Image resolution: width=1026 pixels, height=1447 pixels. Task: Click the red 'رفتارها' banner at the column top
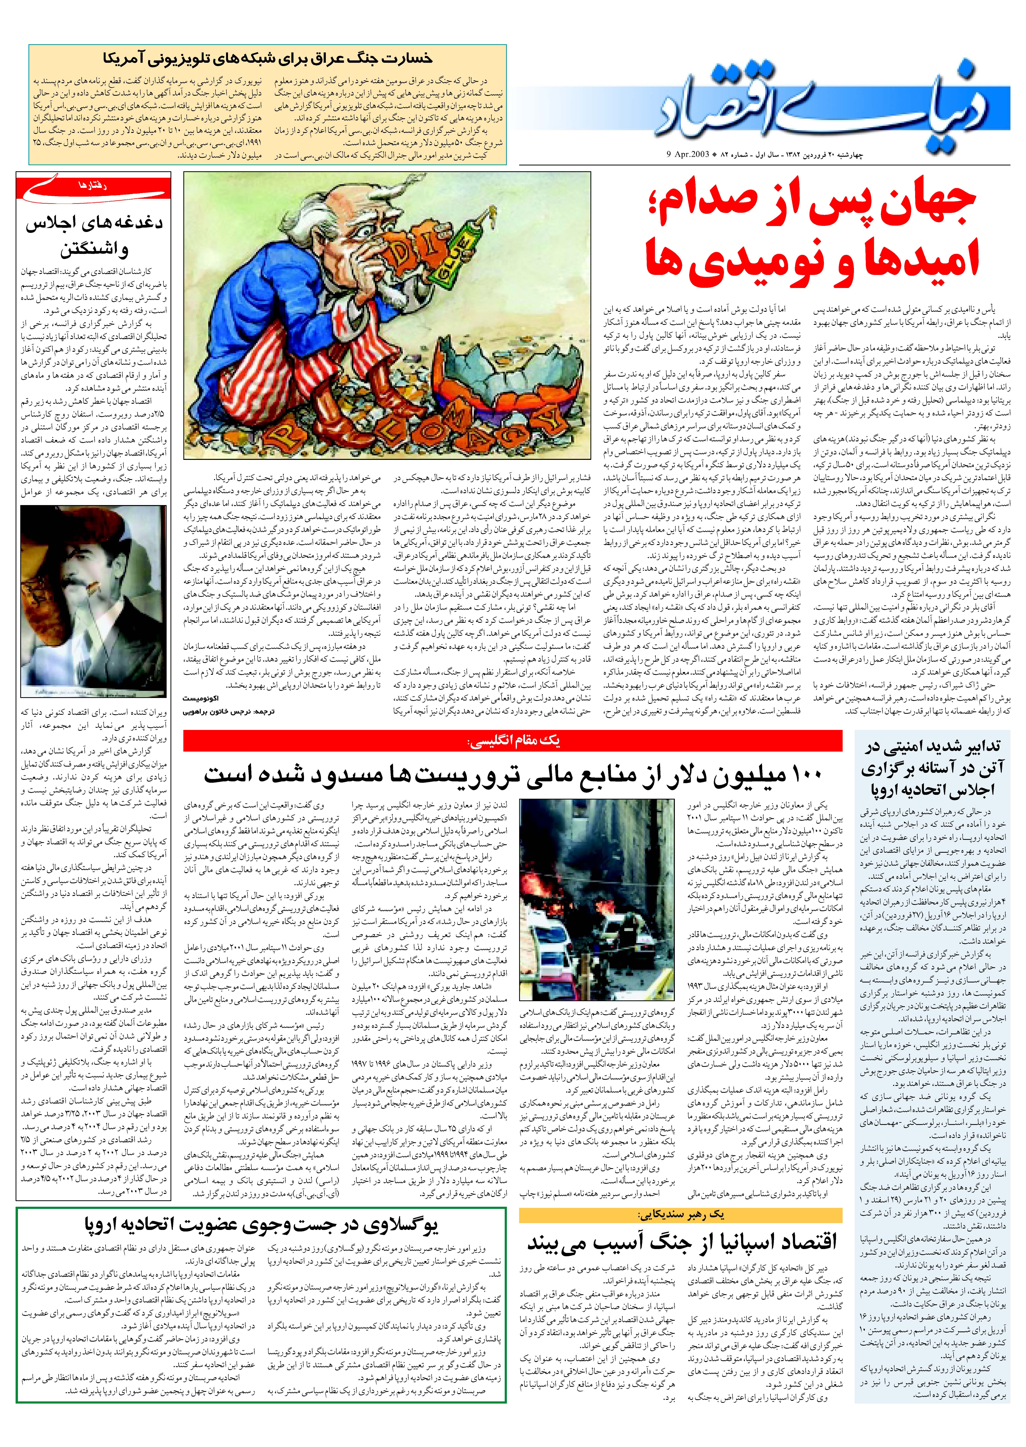point(94,186)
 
